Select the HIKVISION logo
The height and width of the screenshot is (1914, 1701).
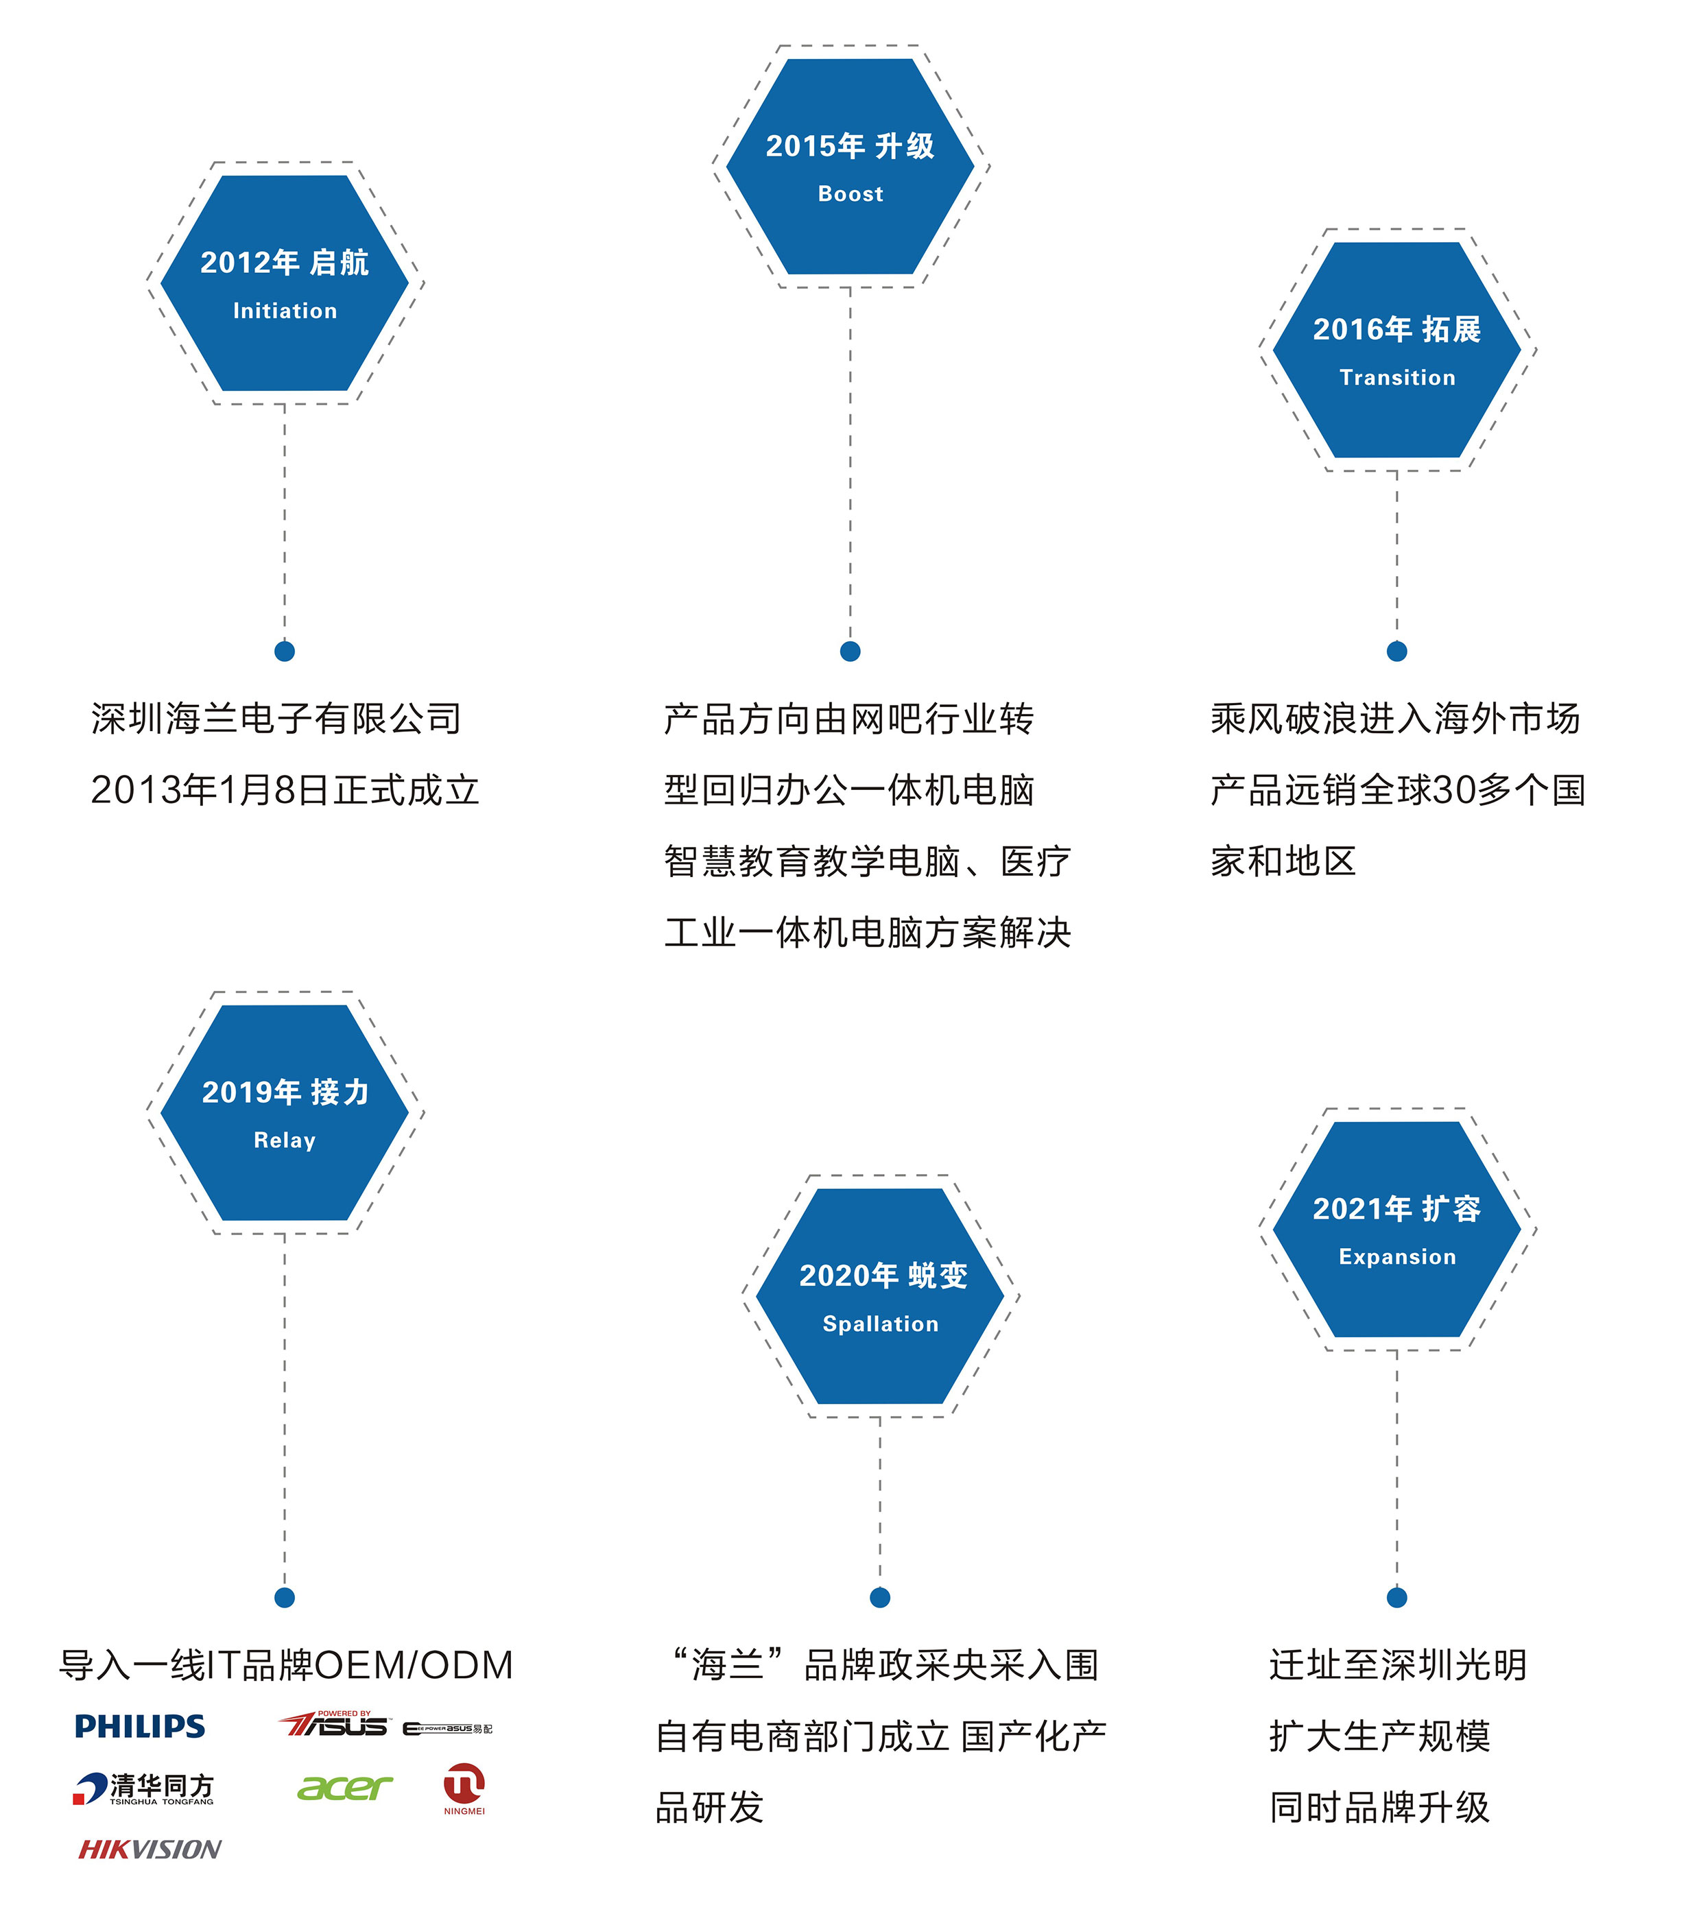coord(150,1850)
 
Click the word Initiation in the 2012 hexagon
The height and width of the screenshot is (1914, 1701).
coord(285,311)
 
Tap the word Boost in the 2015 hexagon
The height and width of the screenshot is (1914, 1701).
coord(850,194)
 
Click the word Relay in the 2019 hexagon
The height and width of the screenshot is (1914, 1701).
coord(285,1140)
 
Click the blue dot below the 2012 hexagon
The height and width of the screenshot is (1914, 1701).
coord(285,651)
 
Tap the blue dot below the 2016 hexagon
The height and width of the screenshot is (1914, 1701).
coord(1396,651)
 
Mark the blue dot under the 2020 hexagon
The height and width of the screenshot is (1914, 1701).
coord(879,1597)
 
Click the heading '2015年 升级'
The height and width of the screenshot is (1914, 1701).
coord(850,146)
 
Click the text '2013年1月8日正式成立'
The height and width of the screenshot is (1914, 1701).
coord(285,790)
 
